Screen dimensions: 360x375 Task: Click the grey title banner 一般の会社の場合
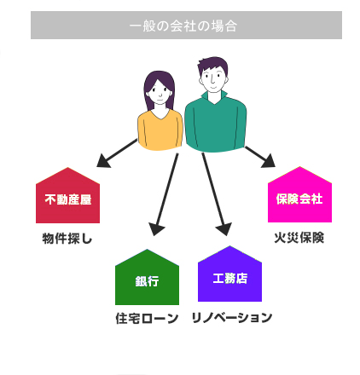[x=186, y=25]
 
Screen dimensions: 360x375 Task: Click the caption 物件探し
[x=67, y=239]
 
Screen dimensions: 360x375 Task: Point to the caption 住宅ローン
[x=147, y=318]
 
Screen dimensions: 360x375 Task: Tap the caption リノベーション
[x=232, y=318]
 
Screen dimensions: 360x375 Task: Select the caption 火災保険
[x=299, y=238]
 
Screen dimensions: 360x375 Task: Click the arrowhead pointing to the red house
[x=103, y=161]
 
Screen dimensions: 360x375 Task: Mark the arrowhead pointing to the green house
[x=156, y=228]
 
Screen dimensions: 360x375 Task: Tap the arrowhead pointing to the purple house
[x=224, y=228]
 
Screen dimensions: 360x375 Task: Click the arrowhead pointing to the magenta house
[x=269, y=161]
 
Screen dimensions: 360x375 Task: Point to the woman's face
[x=160, y=92]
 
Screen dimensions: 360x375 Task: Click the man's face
[x=213, y=78]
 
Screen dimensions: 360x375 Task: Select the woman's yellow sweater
[x=160, y=130]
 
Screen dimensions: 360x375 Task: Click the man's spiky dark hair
[x=213, y=65]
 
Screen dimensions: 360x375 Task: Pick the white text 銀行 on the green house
[x=147, y=281]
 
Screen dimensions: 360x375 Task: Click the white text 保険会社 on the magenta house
[x=299, y=199]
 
